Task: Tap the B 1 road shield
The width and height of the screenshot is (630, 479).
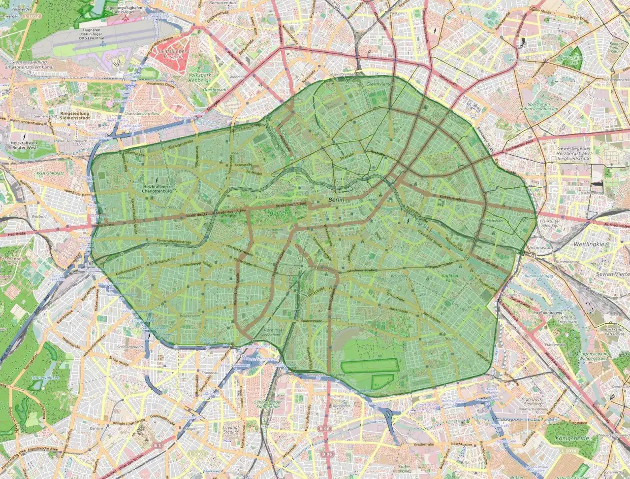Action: [158, 445]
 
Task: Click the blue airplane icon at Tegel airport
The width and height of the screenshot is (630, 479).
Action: [103, 44]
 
